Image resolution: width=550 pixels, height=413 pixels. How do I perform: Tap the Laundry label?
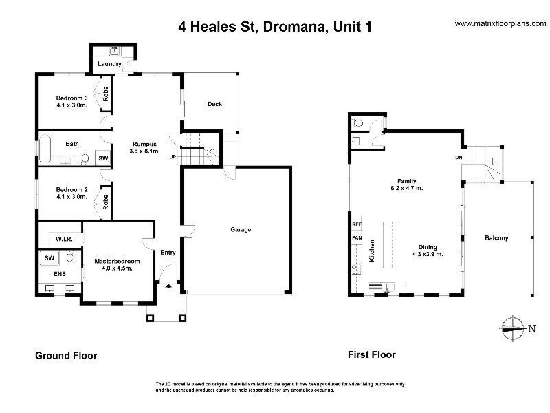[110, 65]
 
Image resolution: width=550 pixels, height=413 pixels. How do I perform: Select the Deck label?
[214, 104]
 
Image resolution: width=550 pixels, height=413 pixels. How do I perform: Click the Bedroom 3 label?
[72, 98]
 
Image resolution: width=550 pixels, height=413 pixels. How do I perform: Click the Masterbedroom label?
[117, 262]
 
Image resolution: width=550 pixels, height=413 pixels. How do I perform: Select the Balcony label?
[496, 238]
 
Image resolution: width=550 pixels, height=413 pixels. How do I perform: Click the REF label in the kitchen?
[356, 224]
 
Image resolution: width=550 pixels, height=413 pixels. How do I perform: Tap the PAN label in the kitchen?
[356, 238]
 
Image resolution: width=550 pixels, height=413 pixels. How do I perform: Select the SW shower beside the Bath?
[103, 158]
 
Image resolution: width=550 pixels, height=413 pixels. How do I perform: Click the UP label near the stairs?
[173, 157]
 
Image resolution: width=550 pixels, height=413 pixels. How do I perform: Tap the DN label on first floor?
[459, 157]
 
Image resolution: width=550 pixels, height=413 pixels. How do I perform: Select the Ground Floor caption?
[66, 356]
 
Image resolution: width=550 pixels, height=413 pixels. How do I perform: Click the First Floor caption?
[372, 355]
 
